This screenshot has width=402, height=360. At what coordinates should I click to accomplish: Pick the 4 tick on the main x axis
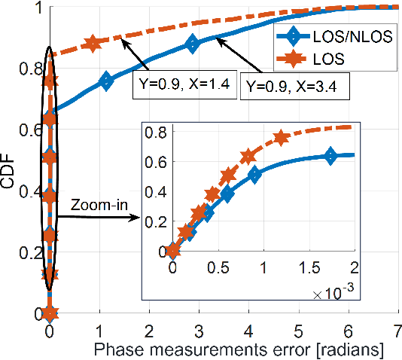click(x=249, y=330)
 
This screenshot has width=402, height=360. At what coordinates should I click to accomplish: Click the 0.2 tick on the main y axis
click(x=30, y=252)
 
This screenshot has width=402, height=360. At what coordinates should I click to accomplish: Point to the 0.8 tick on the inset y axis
click(x=157, y=133)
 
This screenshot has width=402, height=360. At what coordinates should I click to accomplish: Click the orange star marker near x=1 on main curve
click(x=93, y=44)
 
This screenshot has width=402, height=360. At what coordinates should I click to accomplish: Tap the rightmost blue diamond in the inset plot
click(x=329, y=156)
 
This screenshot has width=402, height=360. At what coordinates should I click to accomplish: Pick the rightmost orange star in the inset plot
click(x=281, y=138)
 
